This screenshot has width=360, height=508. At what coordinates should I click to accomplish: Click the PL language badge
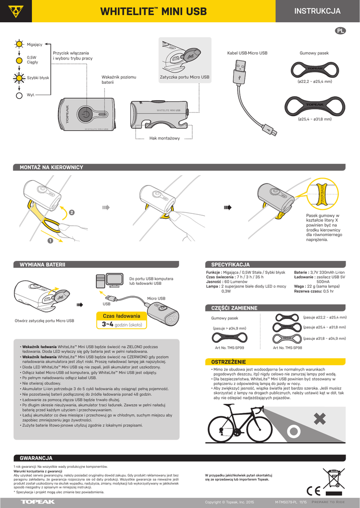[x=341, y=31]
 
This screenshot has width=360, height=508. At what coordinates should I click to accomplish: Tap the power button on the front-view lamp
[x=86, y=114]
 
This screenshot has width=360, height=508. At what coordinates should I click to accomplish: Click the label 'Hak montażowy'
[x=164, y=138]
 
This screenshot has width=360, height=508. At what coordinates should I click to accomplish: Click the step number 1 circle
[x=50, y=241]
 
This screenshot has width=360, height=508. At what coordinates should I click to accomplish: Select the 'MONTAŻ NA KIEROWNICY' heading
[x=51, y=168]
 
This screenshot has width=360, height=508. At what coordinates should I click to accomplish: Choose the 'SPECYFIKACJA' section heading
[x=230, y=265]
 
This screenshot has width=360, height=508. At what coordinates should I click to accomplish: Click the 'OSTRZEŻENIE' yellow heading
[x=229, y=362]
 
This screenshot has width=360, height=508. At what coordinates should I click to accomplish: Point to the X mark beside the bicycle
[x=319, y=419]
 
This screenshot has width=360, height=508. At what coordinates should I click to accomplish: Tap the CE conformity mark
[x=314, y=491]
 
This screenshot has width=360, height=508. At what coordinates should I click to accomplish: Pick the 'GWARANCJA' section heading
[x=36, y=458]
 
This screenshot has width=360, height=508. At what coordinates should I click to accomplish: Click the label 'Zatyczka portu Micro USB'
[x=185, y=78]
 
